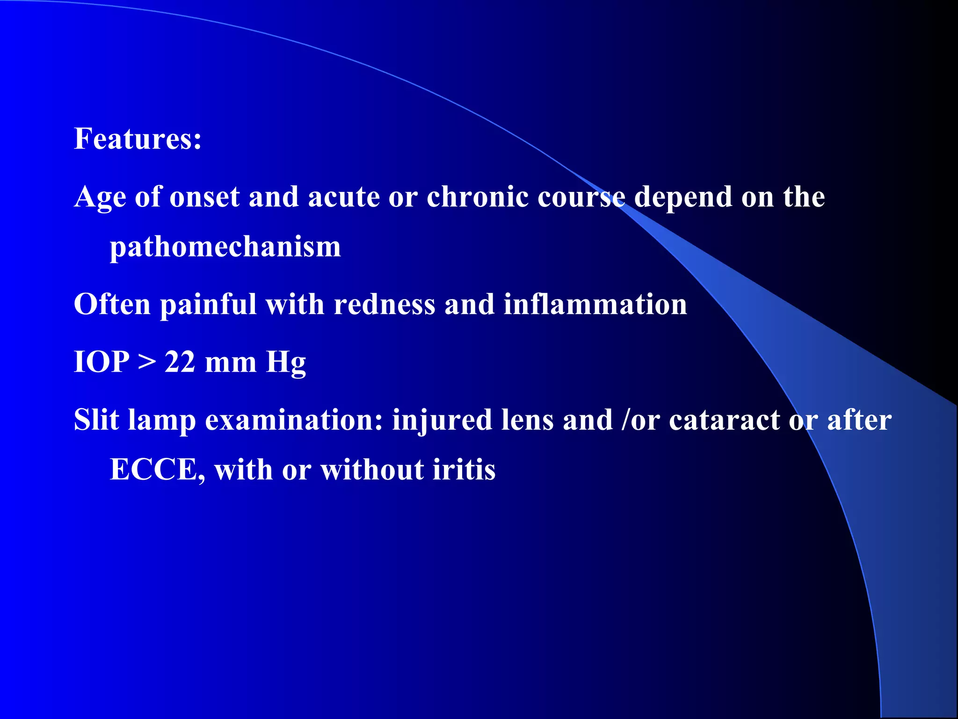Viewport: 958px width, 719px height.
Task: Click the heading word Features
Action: coord(138,139)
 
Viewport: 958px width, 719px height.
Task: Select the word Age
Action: coord(100,197)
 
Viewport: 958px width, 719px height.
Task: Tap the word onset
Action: coord(204,197)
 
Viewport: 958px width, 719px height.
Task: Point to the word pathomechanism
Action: coord(225,247)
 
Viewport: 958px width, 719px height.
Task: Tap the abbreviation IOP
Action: coord(102,362)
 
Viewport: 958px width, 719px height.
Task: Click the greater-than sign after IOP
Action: coord(147,362)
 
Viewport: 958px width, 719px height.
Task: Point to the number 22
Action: coord(180,362)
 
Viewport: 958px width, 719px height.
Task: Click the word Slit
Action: coord(96,420)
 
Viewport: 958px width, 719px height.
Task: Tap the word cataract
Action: coord(724,420)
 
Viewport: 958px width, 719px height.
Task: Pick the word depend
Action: coord(683,197)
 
